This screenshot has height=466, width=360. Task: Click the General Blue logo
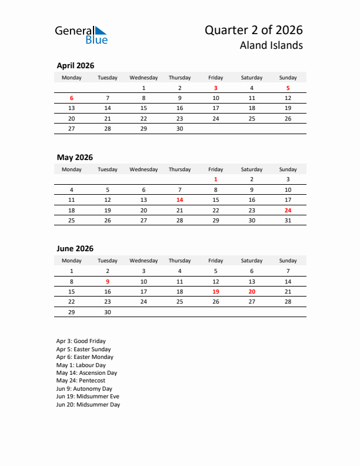pos(81,35)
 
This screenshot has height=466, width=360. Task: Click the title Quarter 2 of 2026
pos(254,30)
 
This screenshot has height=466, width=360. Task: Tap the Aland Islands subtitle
pos(272,45)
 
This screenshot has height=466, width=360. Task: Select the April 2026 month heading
pos(75,66)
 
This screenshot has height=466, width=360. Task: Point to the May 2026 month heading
pos(75,158)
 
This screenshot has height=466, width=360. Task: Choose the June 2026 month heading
pos(75,249)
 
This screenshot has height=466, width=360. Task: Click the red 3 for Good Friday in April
pos(216,88)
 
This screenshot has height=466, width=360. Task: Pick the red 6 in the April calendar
pos(72,98)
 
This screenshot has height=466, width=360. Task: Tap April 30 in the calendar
pos(179,128)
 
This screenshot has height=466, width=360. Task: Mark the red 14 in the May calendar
pos(179,200)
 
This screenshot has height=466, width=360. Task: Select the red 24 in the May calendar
pos(288,210)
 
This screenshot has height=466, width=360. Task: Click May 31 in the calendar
pos(288,220)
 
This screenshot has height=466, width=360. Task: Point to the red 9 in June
pos(108,281)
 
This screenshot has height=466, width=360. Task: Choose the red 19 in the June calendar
pos(216,291)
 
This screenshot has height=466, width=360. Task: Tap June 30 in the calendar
pos(108,312)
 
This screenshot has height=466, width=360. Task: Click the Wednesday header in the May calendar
pos(144,169)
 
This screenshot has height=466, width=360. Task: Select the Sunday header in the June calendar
pos(288,261)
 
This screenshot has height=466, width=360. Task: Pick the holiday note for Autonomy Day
pos(84,389)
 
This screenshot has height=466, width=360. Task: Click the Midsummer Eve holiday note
pos(88,397)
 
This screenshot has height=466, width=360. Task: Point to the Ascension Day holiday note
pos(86,373)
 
